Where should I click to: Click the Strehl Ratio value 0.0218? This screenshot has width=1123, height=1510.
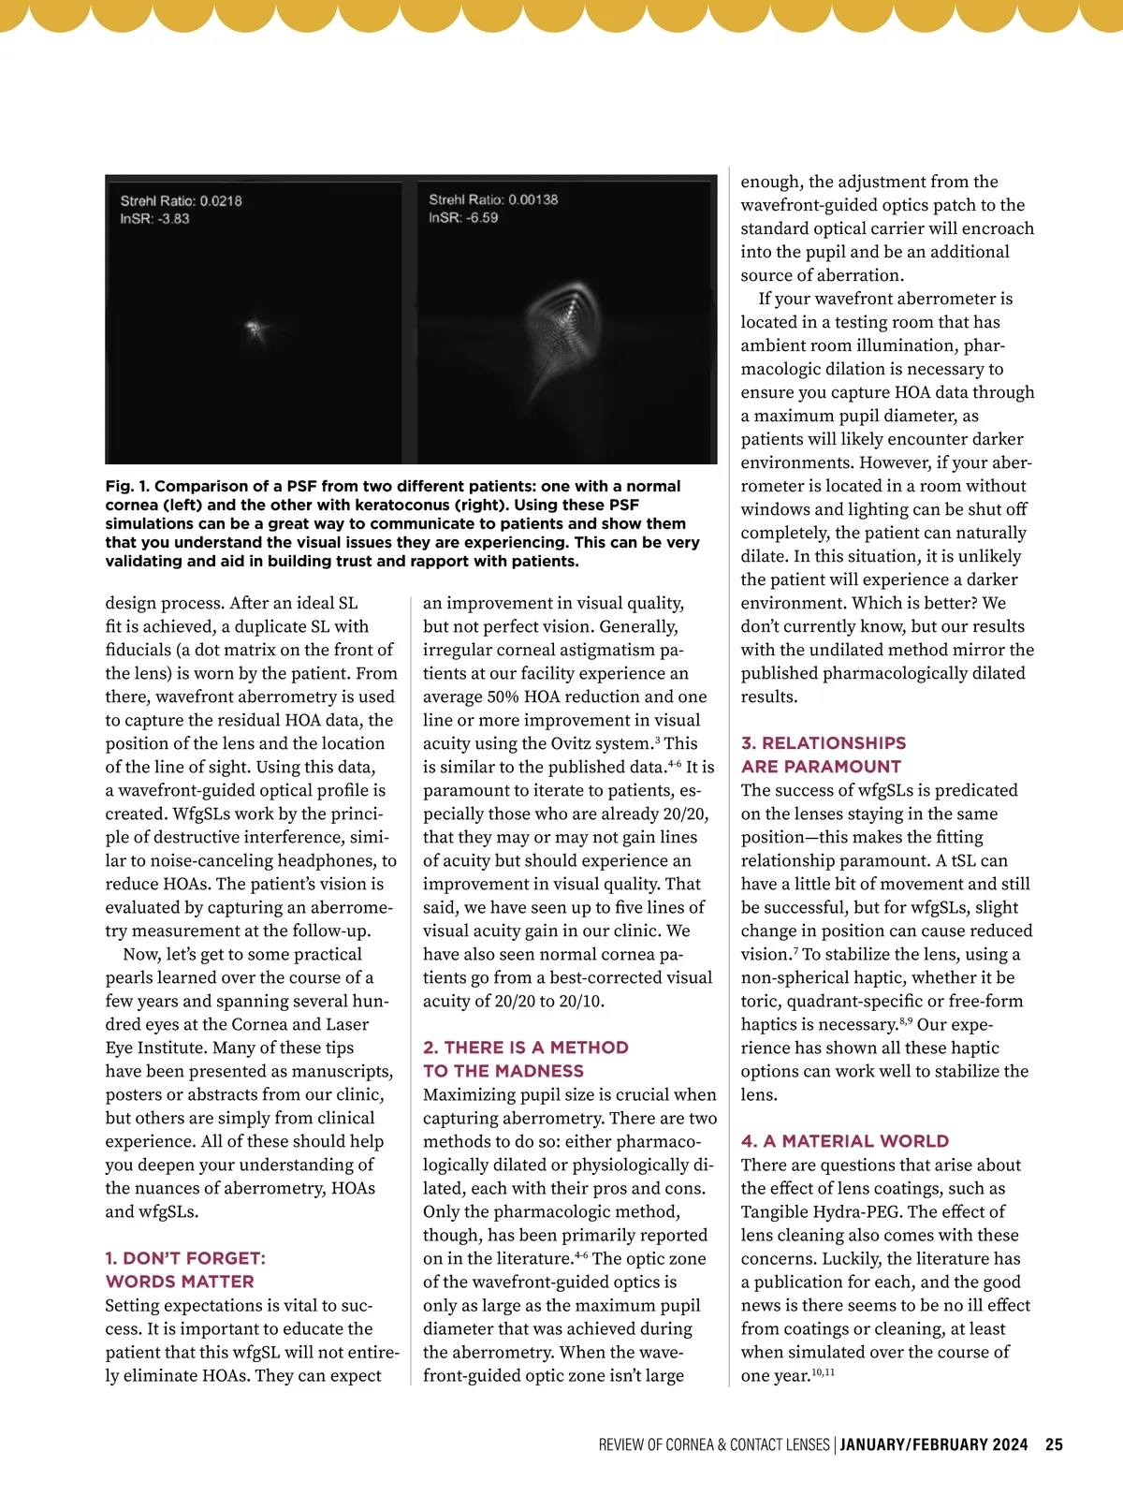tap(221, 201)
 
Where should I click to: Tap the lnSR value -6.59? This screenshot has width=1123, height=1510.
tap(483, 218)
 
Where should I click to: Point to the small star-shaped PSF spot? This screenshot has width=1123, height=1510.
tap(254, 329)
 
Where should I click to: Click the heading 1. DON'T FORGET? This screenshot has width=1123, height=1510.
tap(185, 1258)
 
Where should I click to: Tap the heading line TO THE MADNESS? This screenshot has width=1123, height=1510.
tap(503, 1071)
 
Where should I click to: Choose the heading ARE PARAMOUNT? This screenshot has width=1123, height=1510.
tap(821, 767)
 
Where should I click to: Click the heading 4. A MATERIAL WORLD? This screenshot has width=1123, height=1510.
tap(844, 1141)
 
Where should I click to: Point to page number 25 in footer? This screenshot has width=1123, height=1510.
tap(1054, 1444)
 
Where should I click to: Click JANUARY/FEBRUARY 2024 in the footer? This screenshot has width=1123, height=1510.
tap(934, 1444)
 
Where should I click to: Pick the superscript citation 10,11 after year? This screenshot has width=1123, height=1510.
tap(823, 1372)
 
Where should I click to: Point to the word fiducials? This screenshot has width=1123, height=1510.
tap(139, 650)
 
